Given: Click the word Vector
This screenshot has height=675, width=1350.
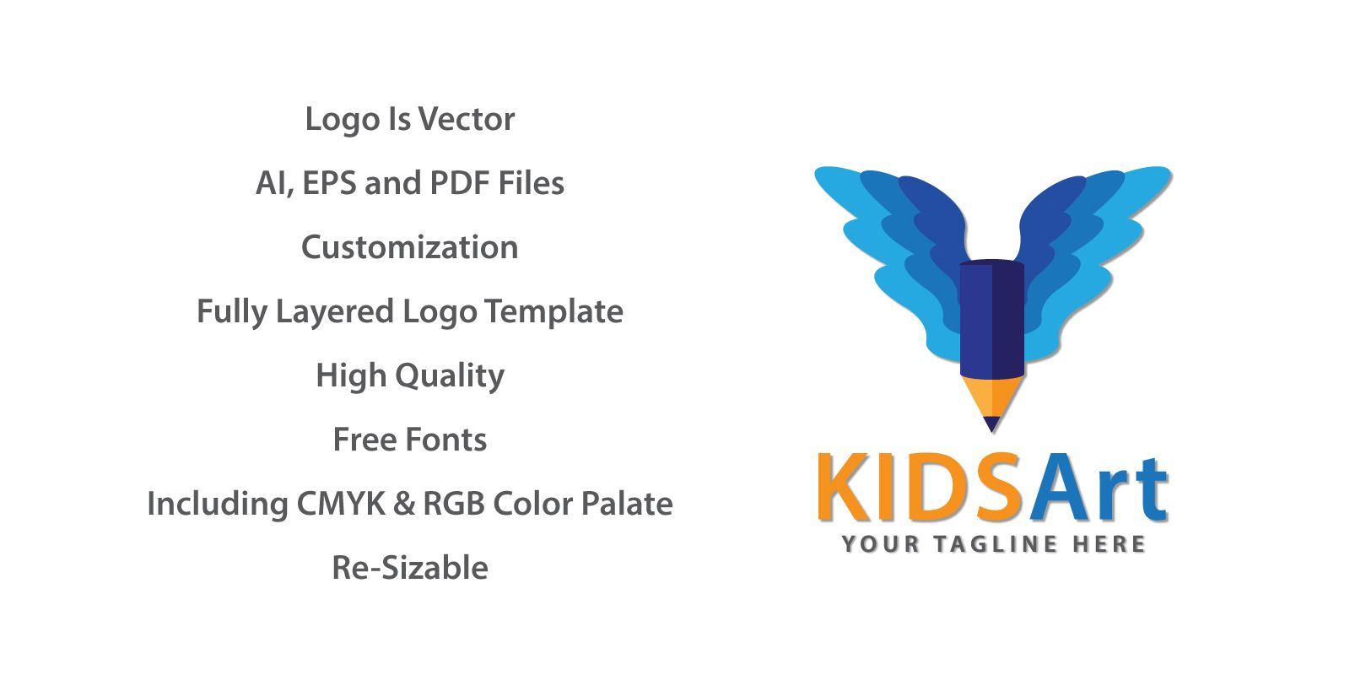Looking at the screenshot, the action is pos(467,119).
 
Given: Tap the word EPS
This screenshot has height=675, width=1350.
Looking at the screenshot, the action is pos(329,183).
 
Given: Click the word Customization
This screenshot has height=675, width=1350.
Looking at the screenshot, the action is pos(410,247).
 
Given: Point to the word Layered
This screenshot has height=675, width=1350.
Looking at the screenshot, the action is pos(334,312).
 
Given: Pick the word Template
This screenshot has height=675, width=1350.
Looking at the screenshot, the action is pos(553,312).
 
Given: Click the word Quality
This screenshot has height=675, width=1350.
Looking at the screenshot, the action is pos(450,376).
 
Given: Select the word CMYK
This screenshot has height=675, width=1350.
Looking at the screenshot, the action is pos(341,503).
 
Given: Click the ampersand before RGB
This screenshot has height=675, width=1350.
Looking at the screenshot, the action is pos(404,503).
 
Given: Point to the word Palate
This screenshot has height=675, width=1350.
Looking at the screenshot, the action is pos(627,503).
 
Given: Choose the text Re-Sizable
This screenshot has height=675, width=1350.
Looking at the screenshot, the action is pos(410,568).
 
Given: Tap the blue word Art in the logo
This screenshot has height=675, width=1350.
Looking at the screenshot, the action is pos(1099,489).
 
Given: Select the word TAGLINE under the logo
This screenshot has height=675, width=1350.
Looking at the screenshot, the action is pos(996,544).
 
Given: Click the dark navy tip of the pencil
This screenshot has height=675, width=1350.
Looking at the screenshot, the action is pos(991,423).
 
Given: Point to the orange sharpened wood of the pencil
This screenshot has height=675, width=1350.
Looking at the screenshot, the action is pos(992,396).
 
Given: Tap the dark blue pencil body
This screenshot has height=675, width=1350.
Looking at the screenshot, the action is pos(992,318).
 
